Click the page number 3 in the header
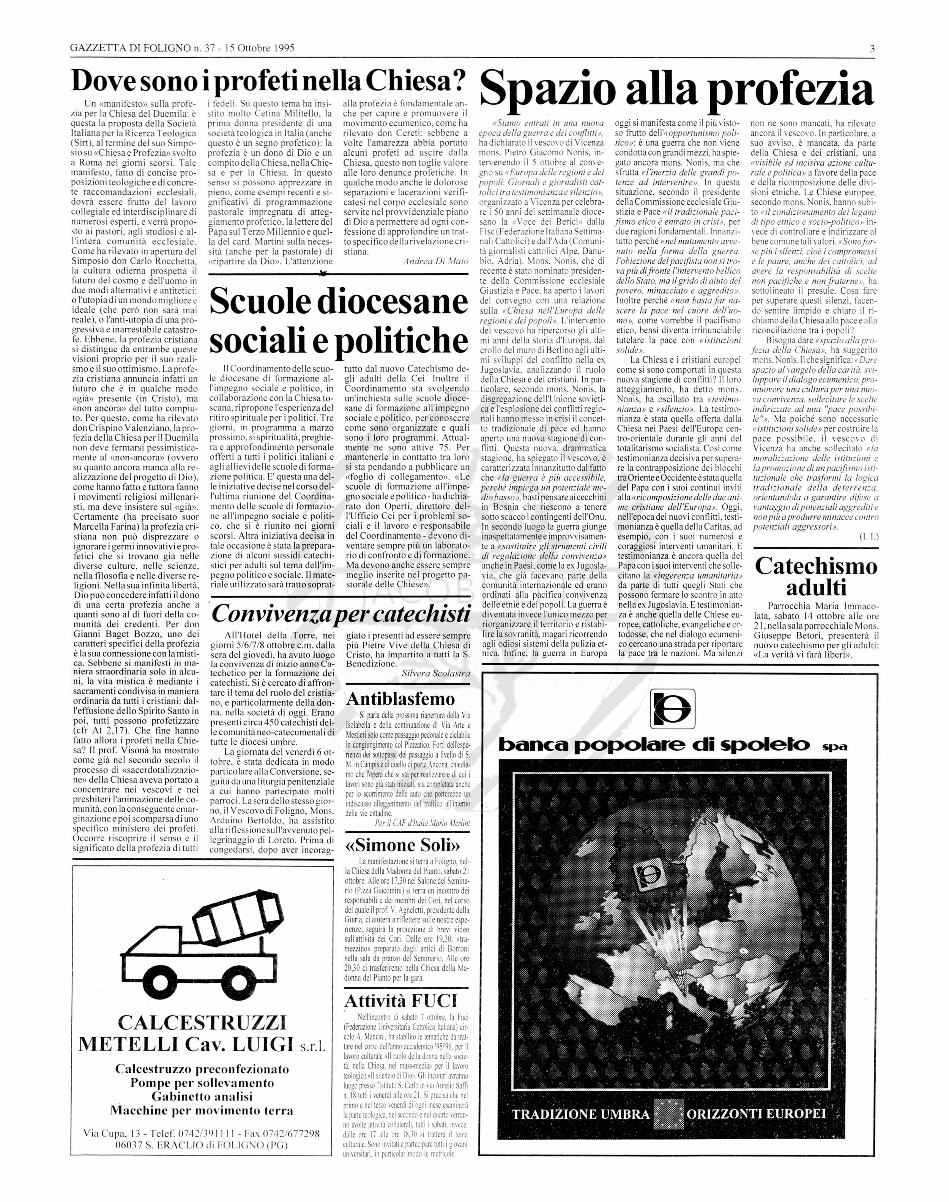(x=872, y=48)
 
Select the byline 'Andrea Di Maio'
(x=436, y=261)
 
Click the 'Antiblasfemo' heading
(x=400, y=699)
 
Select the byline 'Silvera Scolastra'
(x=436, y=673)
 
